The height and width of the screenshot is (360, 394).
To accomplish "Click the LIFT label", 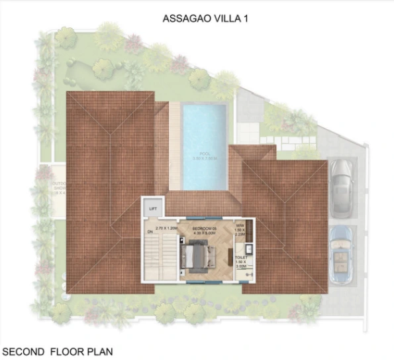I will click(x=153, y=209).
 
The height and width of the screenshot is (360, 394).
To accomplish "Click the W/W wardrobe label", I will click(x=240, y=224).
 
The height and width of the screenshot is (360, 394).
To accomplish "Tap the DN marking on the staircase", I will click(x=150, y=232).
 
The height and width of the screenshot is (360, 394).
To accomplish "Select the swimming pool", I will click(x=204, y=145).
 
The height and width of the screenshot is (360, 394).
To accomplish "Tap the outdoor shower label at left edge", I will click(x=44, y=188).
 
